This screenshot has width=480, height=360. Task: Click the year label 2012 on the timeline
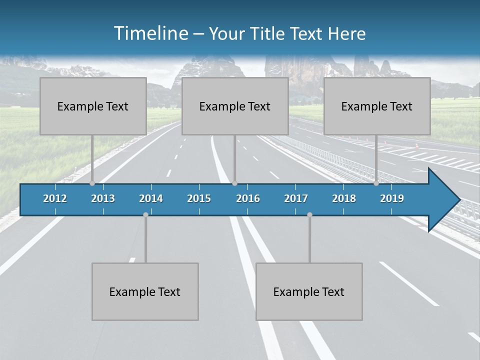click(x=55, y=198)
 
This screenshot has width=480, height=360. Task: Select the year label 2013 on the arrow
click(x=103, y=198)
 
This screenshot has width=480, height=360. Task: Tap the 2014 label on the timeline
click(x=151, y=198)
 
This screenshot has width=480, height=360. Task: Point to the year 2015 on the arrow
click(x=199, y=198)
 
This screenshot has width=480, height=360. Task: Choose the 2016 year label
click(x=248, y=198)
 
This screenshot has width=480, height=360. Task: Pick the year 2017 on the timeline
click(x=296, y=198)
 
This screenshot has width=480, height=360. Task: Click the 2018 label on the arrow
click(x=344, y=198)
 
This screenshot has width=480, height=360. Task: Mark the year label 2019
click(x=392, y=198)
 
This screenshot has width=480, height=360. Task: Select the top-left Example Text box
click(x=93, y=106)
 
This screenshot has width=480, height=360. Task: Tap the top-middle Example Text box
click(x=235, y=106)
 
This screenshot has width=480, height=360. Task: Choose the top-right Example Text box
click(x=377, y=106)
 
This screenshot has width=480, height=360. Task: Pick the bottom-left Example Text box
click(x=145, y=291)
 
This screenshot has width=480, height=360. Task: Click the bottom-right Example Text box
click(x=309, y=291)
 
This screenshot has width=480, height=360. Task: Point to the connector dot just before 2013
click(x=92, y=183)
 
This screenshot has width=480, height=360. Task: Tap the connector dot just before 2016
click(x=234, y=183)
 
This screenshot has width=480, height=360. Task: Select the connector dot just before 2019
click(x=376, y=183)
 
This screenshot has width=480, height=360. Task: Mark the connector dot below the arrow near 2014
click(x=145, y=214)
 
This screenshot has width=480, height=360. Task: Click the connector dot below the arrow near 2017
click(x=309, y=214)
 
